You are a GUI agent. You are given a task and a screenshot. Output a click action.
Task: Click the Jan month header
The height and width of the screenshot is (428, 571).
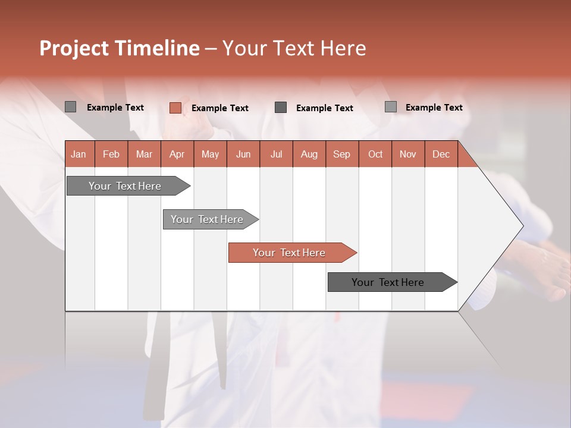click(79, 154)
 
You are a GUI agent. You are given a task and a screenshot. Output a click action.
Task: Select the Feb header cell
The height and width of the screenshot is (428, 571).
click(111, 154)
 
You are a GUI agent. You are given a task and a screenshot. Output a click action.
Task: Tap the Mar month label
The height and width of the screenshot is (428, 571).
click(144, 154)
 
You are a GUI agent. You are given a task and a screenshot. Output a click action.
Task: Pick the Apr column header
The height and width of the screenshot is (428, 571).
click(177, 154)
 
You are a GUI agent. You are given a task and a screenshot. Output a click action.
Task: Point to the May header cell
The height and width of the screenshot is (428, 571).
click(210, 154)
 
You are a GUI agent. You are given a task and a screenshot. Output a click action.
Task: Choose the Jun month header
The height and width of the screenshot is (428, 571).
click(243, 154)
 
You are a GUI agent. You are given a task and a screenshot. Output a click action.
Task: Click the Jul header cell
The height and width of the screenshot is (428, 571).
click(276, 154)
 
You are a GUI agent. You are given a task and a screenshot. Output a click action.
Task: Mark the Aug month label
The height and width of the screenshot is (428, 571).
click(309, 154)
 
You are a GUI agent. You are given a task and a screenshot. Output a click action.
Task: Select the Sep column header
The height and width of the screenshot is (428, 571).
click(342, 154)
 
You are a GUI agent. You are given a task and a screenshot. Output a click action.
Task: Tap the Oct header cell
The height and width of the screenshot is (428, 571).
click(375, 154)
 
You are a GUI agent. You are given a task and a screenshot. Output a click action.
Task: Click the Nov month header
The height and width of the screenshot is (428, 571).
click(408, 154)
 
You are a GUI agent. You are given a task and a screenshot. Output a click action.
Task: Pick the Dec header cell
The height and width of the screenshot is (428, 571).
click(441, 154)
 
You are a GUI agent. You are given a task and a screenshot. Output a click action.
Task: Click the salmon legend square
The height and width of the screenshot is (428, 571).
click(175, 108)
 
